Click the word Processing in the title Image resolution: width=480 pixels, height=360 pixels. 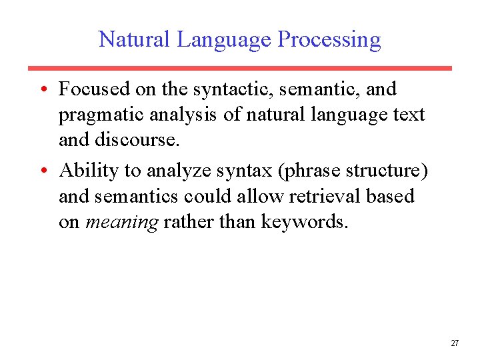click(329, 40)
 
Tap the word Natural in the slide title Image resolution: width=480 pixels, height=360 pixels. click(135, 39)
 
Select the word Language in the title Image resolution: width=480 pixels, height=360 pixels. click(223, 40)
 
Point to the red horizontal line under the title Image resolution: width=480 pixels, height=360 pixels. click(239, 68)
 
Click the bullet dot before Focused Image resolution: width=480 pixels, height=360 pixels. click(42, 89)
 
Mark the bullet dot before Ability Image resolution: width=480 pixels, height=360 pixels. click(42, 171)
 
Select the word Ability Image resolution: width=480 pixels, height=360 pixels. click(88, 171)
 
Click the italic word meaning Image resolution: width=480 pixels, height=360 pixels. click(122, 223)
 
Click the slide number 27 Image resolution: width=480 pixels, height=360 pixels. click(455, 343)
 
